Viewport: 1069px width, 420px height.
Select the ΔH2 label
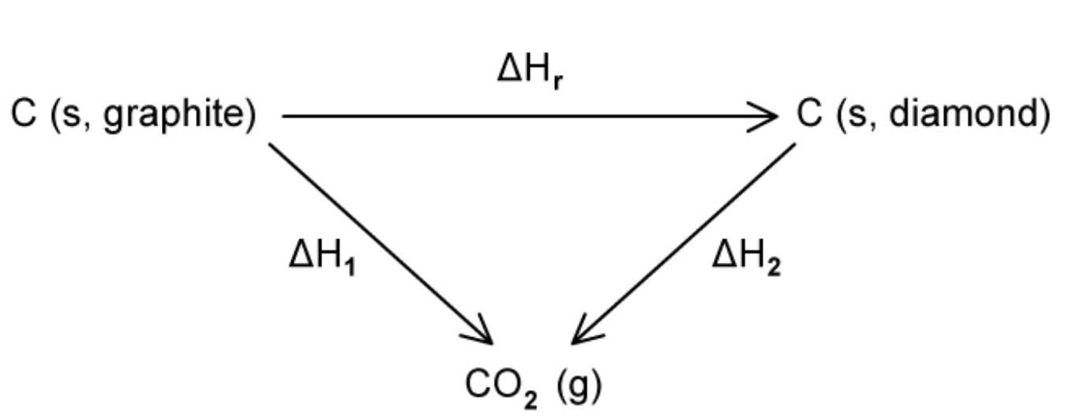(746, 257)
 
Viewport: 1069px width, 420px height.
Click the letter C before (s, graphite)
(21, 116)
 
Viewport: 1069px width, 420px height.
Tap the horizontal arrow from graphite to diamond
(521, 117)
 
